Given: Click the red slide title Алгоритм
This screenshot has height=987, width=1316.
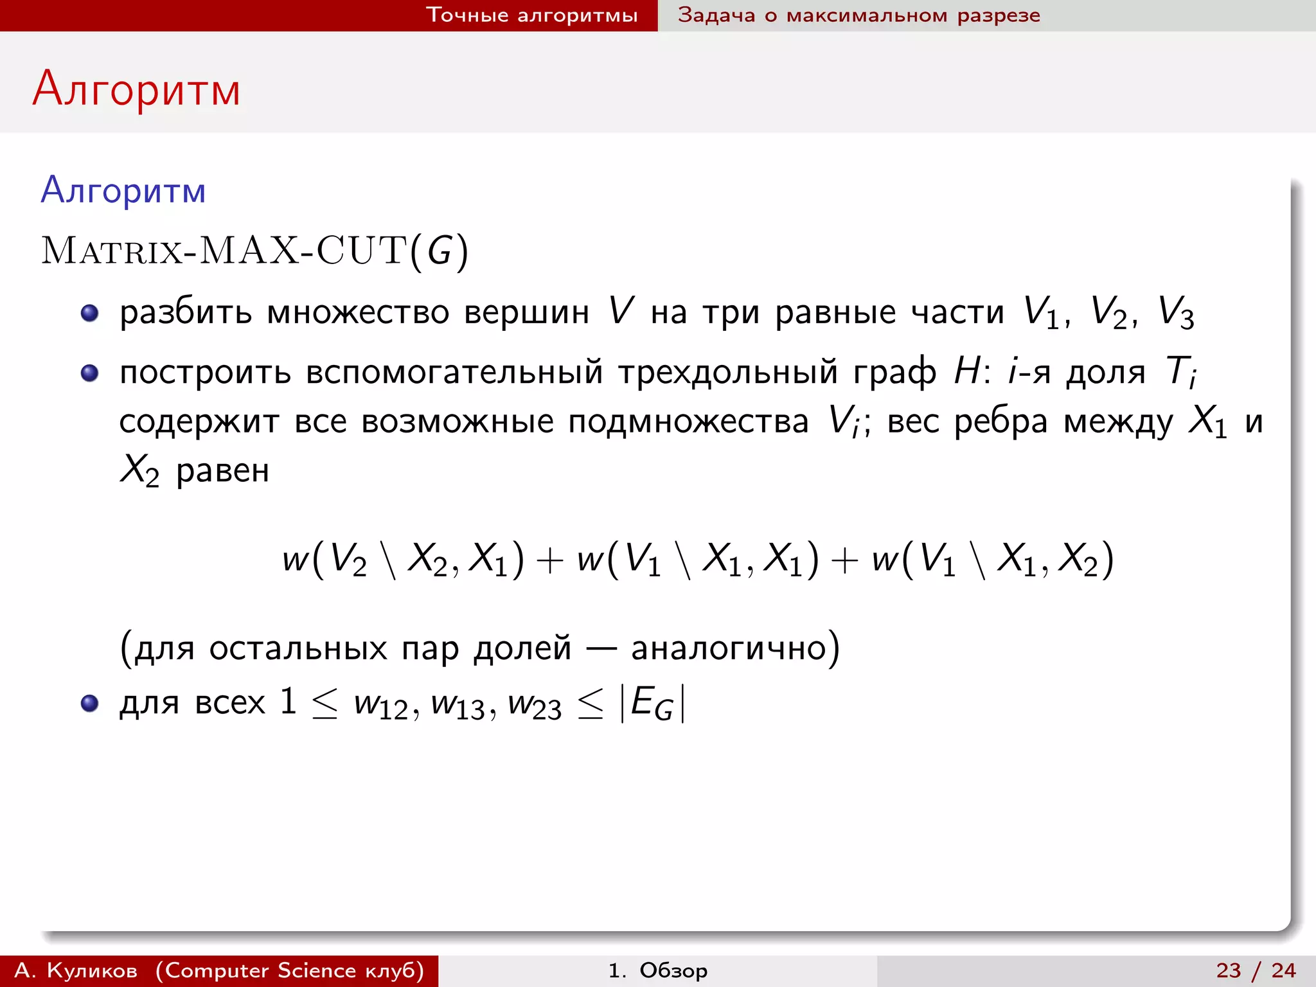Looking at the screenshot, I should (x=136, y=90).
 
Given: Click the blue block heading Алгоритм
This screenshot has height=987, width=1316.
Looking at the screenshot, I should (x=123, y=191).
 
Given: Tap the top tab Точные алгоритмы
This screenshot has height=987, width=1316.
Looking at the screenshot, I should (x=532, y=15).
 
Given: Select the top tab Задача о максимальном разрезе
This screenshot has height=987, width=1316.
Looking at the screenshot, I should (x=858, y=15).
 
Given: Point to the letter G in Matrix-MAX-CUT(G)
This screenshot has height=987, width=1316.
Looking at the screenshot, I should (x=440, y=251).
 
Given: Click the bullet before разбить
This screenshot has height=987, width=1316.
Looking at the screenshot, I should (x=89, y=314).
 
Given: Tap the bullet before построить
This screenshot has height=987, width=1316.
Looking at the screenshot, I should (x=89, y=373).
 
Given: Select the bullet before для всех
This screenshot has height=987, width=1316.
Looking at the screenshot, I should (x=89, y=704).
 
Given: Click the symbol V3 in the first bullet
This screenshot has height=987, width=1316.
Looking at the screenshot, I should (x=1175, y=314).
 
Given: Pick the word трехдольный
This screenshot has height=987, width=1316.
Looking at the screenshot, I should (x=728, y=373).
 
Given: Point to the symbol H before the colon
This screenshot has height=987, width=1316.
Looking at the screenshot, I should (x=967, y=371).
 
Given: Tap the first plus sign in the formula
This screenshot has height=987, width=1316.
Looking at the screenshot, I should (x=549, y=560).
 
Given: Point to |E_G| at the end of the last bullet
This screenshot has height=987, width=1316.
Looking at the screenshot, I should (x=652, y=704).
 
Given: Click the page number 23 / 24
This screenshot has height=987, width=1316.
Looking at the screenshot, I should (x=1256, y=970).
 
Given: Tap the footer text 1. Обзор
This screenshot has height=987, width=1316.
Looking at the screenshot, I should (x=657, y=970).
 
